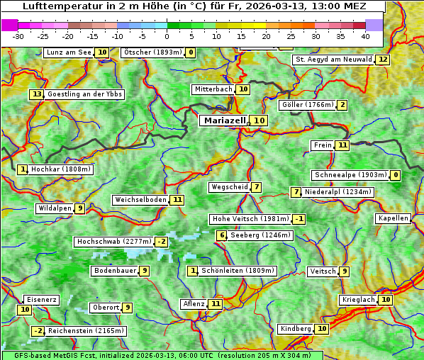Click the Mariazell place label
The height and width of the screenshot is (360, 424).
(x=225, y=120)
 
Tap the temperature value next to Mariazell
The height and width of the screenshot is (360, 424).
(x=260, y=120)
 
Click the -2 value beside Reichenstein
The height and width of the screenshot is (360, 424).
(x=38, y=331)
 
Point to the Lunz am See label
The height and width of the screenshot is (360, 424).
(x=69, y=52)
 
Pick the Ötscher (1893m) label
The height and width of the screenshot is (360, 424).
(x=152, y=52)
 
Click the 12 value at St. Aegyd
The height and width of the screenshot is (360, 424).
(x=383, y=60)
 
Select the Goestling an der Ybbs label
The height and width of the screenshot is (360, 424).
(x=84, y=94)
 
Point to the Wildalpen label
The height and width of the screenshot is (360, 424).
(x=55, y=208)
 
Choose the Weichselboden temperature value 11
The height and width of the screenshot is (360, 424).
(x=177, y=200)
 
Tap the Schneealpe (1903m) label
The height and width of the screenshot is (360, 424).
(x=350, y=175)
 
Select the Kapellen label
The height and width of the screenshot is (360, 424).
(x=394, y=218)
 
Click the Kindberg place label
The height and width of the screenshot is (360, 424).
(x=296, y=329)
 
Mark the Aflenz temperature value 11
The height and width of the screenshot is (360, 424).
(x=216, y=304)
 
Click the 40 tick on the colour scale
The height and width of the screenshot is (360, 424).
(x=365, y=35)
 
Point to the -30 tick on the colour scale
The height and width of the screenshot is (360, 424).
(x=18, y=35)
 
